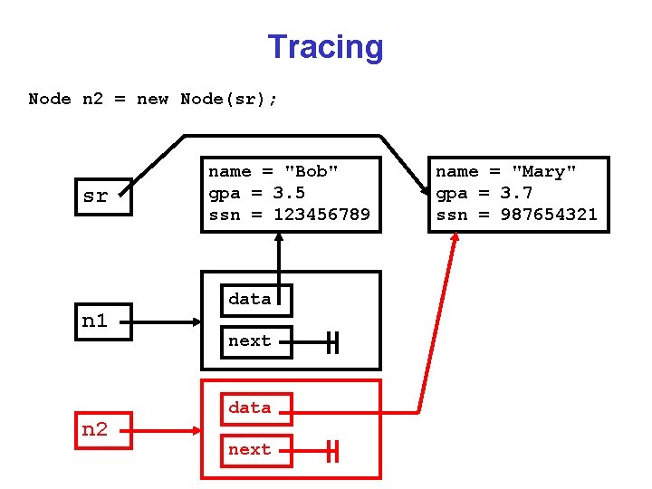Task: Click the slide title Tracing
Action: pos(325,47)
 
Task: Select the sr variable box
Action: pos(95,196)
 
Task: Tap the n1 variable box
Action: pos(95,321)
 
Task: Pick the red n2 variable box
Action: pos(95,429)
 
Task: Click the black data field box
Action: pos(256,300)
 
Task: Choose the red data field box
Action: pos(256,408)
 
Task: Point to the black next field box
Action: pos(256,341)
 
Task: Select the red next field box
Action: pos(256,450)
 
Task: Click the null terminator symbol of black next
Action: pos(333,342)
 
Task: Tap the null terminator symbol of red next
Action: pos(333,451)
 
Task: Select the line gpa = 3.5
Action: pos(256,193)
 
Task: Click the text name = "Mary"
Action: pos(506,171)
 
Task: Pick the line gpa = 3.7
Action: pos(484,193)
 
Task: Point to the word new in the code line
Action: pos(152,99)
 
